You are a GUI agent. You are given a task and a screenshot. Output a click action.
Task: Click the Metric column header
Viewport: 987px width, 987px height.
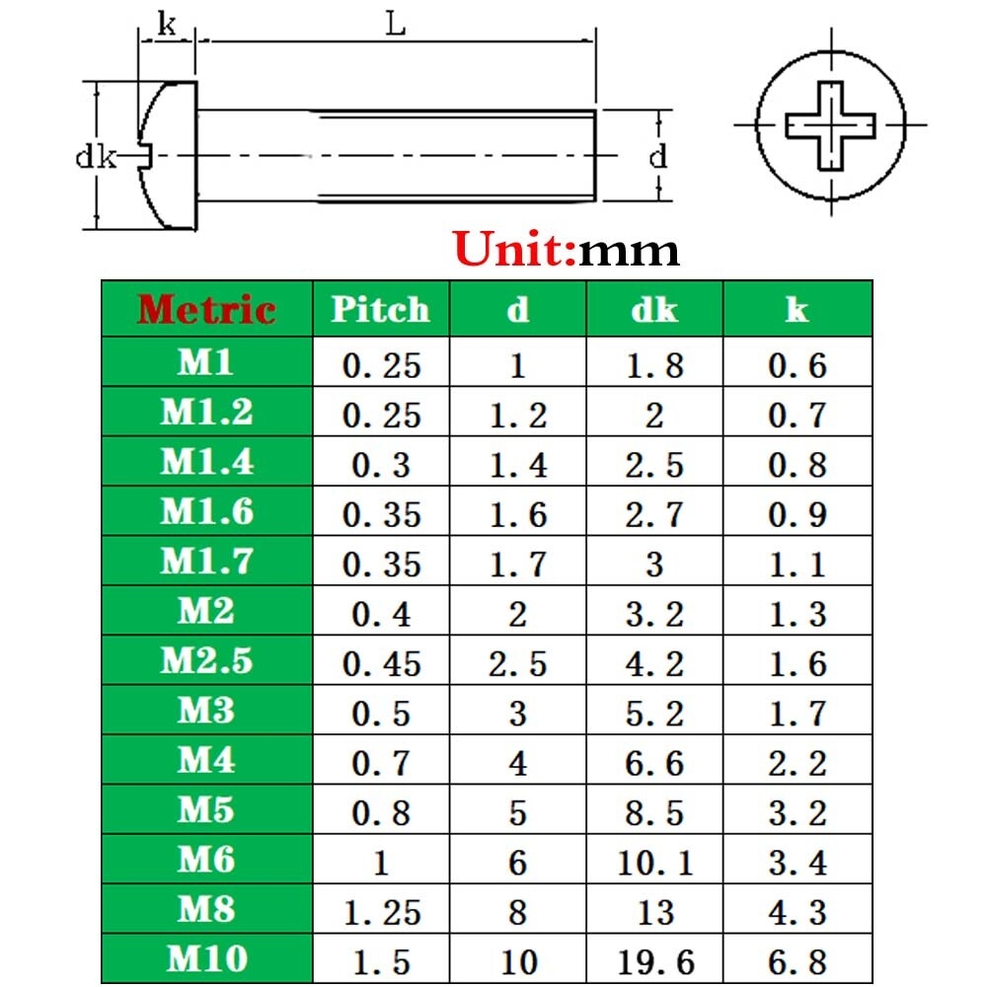[x=206, y=309]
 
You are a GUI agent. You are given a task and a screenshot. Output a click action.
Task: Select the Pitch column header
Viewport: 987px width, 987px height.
[x=380, y=309]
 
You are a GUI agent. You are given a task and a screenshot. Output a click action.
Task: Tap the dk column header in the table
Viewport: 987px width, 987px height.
[x=654, y=309]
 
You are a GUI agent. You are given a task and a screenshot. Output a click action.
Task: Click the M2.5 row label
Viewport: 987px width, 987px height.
[x=206, y=660]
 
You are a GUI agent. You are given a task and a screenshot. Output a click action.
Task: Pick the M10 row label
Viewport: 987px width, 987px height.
[x=206, y=958]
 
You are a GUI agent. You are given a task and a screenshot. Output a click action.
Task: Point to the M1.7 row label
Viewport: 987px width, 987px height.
[x=206, y=561]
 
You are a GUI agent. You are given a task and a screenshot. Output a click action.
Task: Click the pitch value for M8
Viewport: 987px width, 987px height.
[x=381, y=912]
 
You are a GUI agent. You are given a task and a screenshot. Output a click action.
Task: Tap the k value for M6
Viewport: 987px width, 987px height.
[x=797, y=862]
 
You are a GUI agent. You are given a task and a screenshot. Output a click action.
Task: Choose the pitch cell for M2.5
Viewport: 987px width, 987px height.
[x=381, y=663]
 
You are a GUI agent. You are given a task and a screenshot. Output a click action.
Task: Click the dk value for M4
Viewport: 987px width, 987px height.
[x=655, y=763]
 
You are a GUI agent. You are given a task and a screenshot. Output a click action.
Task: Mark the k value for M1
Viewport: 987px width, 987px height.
[x=797, y=365]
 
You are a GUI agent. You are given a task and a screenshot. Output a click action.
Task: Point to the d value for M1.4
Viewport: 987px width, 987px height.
[x=518, y=465]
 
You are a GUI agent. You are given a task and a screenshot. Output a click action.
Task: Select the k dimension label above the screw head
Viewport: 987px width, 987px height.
[x=167, y=24]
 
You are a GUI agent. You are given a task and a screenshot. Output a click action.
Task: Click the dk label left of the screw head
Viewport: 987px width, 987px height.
[x=96, y=156]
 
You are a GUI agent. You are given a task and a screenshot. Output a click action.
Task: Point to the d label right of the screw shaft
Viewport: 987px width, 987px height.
[x=657, y=156]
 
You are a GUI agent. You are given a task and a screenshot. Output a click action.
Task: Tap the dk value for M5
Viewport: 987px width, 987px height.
[x=655, y=812]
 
